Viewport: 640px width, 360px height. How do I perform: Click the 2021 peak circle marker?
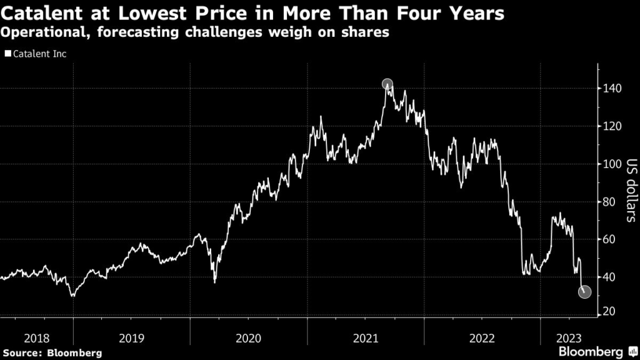387,84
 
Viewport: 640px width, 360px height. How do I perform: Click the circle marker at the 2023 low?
584,292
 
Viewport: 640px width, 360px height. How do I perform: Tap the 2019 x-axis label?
131,338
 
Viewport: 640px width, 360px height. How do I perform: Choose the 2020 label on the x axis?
249,338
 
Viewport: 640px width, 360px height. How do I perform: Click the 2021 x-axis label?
366,338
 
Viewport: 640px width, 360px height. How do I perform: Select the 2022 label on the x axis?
482,338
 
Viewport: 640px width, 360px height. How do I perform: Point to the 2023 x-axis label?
570,338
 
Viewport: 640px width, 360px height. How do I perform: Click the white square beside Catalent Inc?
7,54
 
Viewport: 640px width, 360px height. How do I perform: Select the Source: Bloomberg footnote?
51,352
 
